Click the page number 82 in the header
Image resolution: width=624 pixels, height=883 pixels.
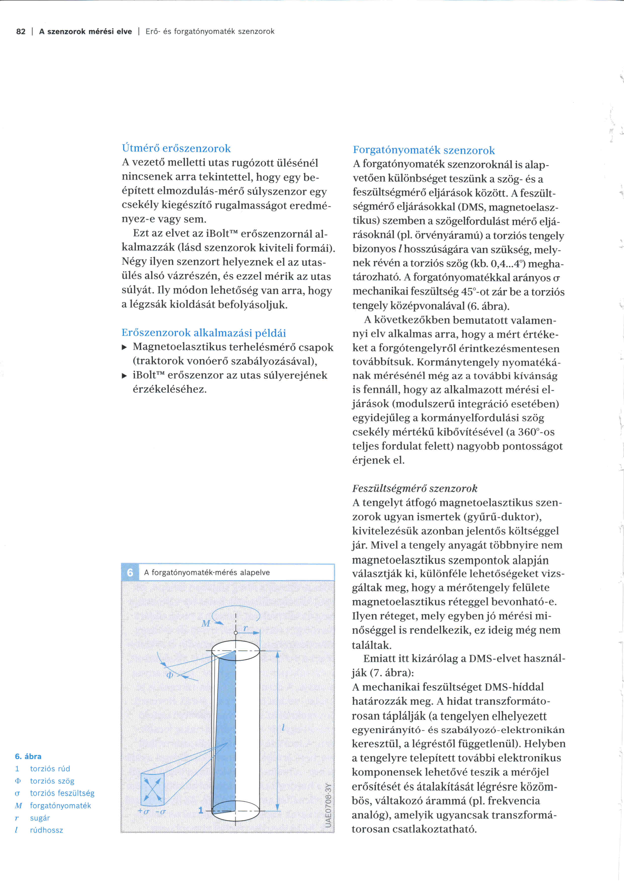click(x=21, y=31)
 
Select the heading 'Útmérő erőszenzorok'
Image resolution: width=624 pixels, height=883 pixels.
click(x=176, y=149)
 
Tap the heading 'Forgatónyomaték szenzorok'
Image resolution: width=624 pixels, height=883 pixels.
click(x=423, y=150)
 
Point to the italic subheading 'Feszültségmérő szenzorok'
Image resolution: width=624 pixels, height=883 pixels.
click(x=415, y=488)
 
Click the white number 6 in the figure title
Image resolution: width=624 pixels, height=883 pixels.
click(x=130, y=573)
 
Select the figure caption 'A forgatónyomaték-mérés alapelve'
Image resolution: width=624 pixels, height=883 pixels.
click(x=207, y=573)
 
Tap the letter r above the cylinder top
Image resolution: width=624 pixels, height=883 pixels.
click(x=245, y=628)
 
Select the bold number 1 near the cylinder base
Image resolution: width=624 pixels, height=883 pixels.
click(x=201, y=810)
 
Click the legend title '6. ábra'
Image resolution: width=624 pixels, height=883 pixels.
click(x=28, y=756)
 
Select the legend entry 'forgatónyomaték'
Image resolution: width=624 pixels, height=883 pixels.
click(x=60, y=805)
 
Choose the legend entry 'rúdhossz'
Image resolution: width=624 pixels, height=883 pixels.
click(x=47, y=830)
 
